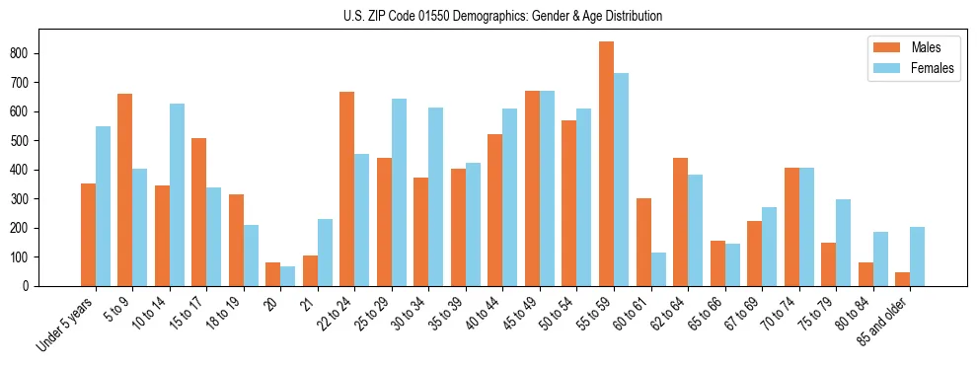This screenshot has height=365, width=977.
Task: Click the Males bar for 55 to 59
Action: click(x=606, y=164)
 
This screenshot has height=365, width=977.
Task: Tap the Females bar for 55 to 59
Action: click(x=621, y=180)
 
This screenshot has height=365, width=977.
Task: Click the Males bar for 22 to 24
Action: click(x=347, y=188)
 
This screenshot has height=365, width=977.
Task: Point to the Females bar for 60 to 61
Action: click(x=658, y=269)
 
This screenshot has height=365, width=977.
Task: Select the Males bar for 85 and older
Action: click(x=902, y=279)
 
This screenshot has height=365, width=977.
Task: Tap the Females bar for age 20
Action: click(x=288, y=276)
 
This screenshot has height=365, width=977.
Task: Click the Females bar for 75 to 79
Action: click(x=843, y=243)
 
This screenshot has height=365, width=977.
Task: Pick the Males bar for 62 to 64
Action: click(x=680, y=222)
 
